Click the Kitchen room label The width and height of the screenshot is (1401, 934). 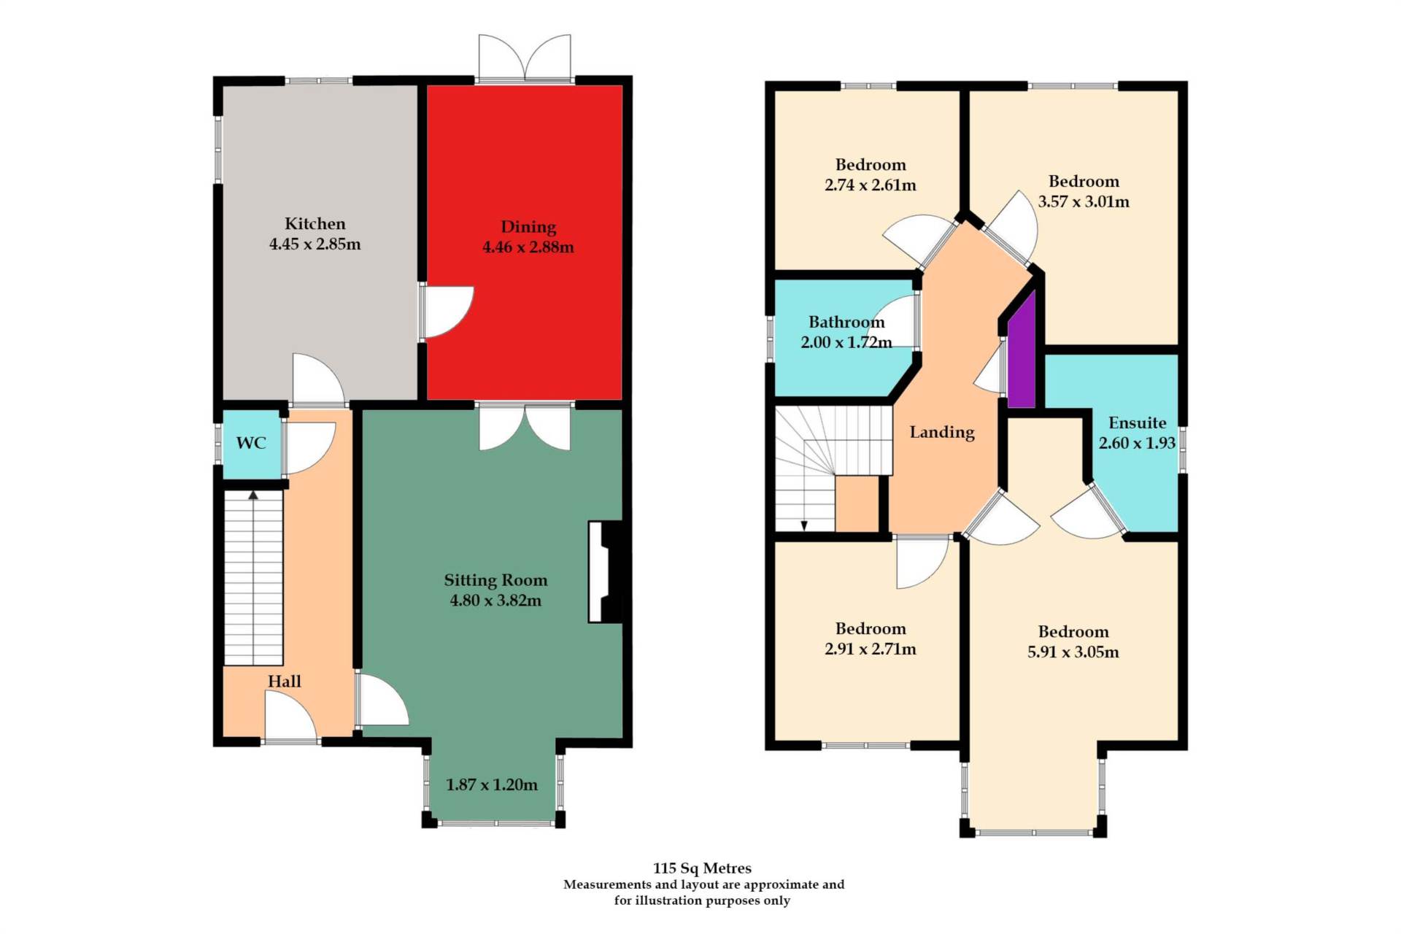click(x=314, y=223)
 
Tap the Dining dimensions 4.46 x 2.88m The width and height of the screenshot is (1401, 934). click(x=528, y=247)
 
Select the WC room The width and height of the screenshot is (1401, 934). click(x=252, y=444)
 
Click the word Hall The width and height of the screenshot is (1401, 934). click(x=284, y=681)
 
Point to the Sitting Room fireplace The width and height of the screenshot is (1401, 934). click(x=606, y=571)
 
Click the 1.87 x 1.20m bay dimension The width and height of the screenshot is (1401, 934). click(x=492, y=784)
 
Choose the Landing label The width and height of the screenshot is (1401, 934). click(x=942, y=432)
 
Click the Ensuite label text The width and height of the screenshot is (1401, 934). click(x=1137, y=422)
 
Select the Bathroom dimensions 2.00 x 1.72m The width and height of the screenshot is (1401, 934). click(x=846, y=342)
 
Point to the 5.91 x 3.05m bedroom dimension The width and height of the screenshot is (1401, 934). click(x=1073, y=652)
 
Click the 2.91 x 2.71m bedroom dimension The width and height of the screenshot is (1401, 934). click(x=871, y=649)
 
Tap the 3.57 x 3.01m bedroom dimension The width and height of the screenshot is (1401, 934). click(x=1084, y=201)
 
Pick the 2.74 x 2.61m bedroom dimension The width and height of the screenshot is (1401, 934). click(x=871, y=185)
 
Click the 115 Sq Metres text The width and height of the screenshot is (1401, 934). click(x=702, y=868)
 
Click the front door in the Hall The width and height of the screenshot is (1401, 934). click(x=290, y=717)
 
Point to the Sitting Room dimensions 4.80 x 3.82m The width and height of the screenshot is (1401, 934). click(x=495, y=601)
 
